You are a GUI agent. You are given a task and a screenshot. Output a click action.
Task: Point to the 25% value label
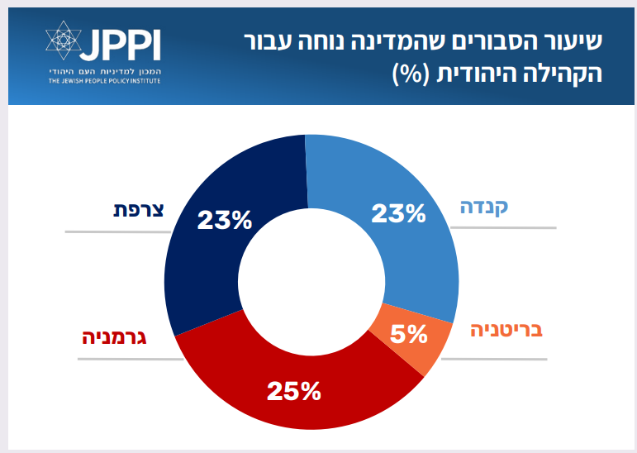[292, 390]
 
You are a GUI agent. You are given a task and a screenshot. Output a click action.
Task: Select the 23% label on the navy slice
[224, 220]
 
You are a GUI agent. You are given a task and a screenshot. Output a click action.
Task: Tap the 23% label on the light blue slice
[397, 214]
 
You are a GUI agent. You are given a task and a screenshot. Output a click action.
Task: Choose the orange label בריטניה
[506, 331]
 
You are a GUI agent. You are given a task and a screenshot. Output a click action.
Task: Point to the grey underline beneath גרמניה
[131, 360]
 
